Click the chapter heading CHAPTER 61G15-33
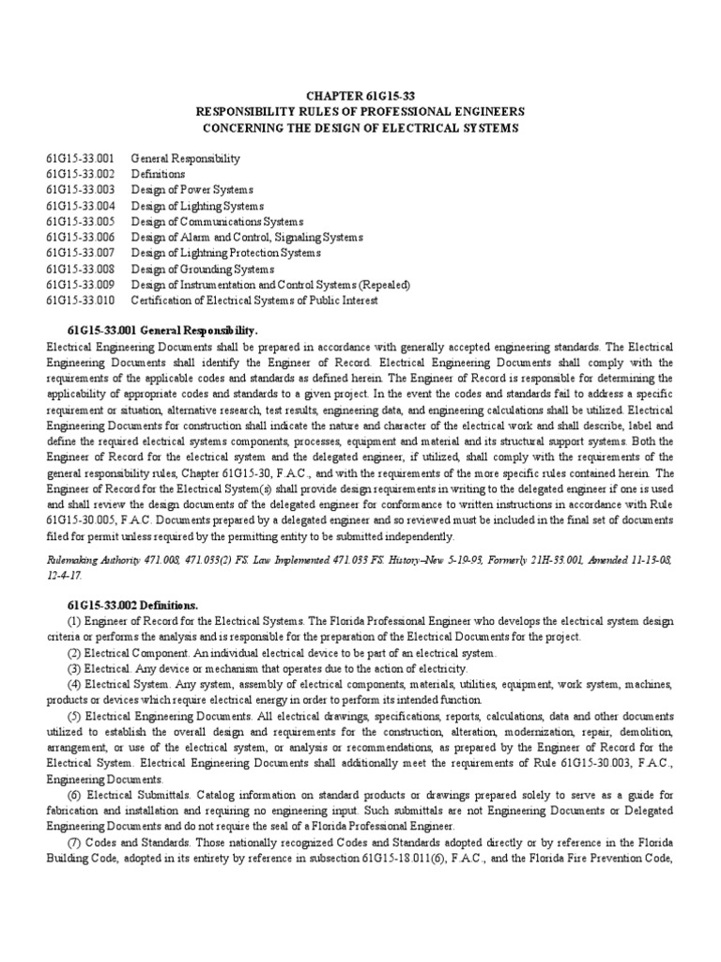(360, 95)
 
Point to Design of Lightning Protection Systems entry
(225, 253)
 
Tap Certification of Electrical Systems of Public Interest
(253, 301)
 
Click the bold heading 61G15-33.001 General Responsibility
(162, 332)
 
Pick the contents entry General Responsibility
(185, 159)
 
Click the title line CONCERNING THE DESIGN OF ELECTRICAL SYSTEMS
(360, 127)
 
